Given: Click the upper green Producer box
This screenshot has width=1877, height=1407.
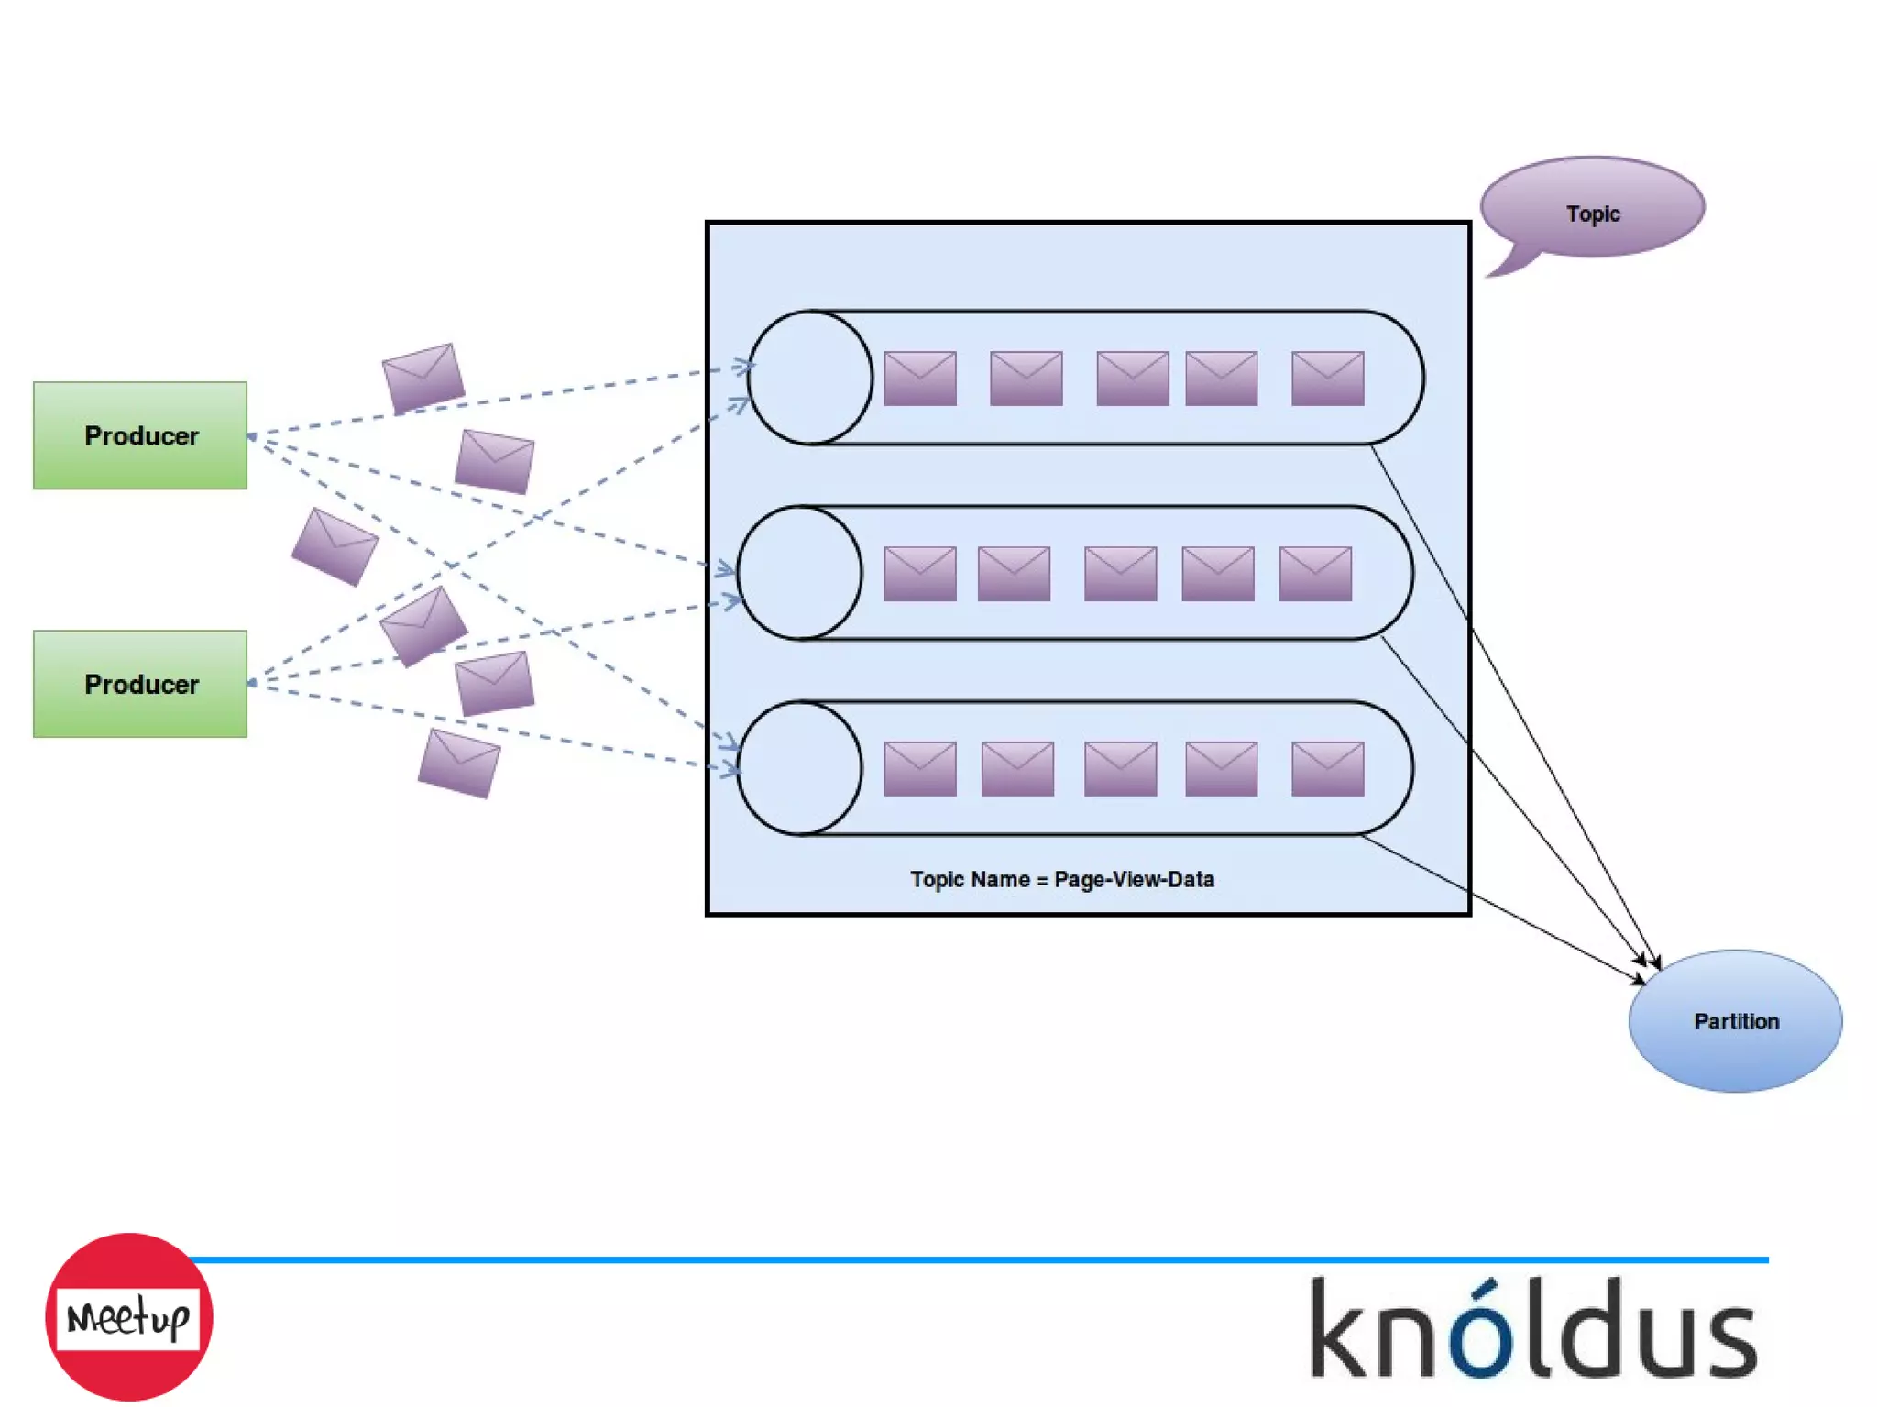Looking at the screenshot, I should pos(140,435).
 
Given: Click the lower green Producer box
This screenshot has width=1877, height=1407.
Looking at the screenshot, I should pos(140,684).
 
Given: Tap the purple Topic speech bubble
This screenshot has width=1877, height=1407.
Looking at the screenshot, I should pos(1592,208).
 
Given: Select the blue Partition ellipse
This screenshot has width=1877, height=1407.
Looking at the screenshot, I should pos(1735,1020).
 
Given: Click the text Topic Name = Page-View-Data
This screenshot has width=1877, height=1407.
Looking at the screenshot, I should pos(1061,879).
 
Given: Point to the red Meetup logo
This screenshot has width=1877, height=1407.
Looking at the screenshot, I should pos(128,1317).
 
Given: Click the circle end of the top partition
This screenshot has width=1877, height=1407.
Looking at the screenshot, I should pos(809,378).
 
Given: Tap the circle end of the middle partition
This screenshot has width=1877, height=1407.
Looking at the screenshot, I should pos(799,573).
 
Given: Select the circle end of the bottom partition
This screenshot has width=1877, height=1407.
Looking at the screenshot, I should pos(799,768).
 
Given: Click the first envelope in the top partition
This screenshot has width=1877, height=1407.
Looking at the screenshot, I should pos(920,378).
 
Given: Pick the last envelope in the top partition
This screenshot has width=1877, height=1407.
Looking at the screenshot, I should pos(1327,378).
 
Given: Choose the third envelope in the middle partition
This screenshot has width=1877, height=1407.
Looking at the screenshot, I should pos(1120,574).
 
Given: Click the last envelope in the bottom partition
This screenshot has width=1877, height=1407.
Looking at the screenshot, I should pos(1327,768).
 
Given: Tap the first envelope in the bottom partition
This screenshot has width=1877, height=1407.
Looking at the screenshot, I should pos(920,768).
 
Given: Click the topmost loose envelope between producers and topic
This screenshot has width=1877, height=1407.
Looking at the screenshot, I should pos(423,378).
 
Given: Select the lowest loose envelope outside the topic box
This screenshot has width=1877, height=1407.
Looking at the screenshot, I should pos(459,763).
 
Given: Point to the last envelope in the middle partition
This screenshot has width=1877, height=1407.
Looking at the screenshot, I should pos(1315,574).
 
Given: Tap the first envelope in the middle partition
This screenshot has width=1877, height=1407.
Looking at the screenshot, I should pos(920,574).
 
